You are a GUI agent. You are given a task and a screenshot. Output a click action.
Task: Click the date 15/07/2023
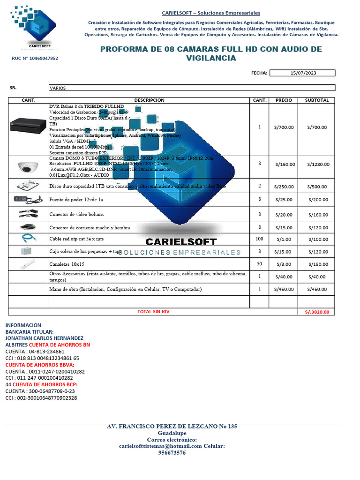click(x=303, y=73)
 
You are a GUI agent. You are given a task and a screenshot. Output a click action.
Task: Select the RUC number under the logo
click(x=35, y=59)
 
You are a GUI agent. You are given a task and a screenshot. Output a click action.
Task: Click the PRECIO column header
click(x=284, y=100)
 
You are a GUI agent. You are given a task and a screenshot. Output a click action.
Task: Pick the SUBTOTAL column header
click(x=317, y=100)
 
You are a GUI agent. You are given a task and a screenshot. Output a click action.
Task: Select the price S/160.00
click(x=284, y=165)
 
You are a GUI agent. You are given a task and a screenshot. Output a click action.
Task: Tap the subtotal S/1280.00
click(x=318, y=165)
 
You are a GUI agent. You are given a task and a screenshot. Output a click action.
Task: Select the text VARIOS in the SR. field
click(x=58, y=88)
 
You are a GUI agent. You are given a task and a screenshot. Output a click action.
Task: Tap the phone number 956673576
click(x=172, y=453)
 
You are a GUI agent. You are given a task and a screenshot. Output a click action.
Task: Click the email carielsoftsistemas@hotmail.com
click(x=160, y=446)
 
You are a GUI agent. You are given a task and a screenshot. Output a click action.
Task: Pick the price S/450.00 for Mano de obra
click(x=284, y=289)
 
